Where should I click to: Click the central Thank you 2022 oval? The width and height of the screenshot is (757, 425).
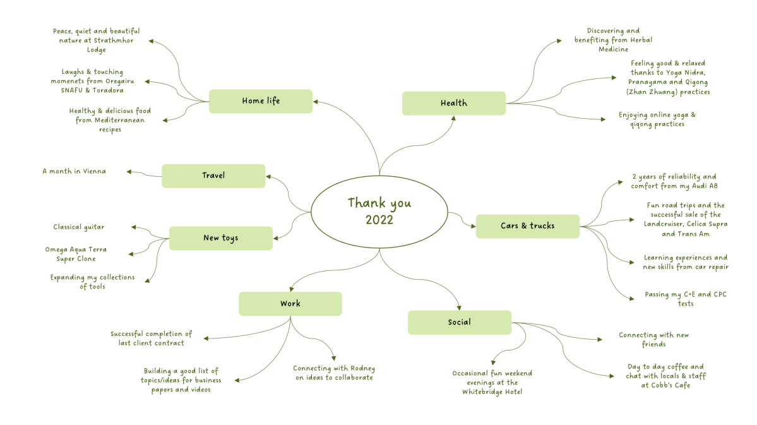coord(379,211)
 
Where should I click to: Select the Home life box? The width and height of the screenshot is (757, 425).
coord(260,101)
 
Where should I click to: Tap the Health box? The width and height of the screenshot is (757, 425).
coord(453,104)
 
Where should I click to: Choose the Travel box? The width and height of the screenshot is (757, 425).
coord(213,176)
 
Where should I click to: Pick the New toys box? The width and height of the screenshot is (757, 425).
coord(220,238)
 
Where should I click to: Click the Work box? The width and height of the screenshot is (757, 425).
coord(290,304)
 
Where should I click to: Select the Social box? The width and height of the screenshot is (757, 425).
coord(459,322)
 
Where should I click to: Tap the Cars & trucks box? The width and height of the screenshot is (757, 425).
coord(527,226)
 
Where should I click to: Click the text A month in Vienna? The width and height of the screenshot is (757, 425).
coord(74,171)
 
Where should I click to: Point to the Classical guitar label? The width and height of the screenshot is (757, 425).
coord(78,227)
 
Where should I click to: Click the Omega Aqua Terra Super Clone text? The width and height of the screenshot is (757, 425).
coord(75,254)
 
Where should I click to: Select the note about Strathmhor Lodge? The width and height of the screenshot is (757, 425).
coord(96,40)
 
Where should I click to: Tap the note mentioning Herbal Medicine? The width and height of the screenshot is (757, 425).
coord(613,40)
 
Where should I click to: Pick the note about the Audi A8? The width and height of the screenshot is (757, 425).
coord(674,181)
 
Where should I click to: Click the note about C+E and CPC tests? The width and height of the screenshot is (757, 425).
coord(685,299)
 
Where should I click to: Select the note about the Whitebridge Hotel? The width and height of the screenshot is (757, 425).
coord(492,382)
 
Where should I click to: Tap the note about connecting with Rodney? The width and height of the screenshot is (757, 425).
coord(334,373)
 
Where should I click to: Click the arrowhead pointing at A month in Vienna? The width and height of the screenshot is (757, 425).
coord(129,171)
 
